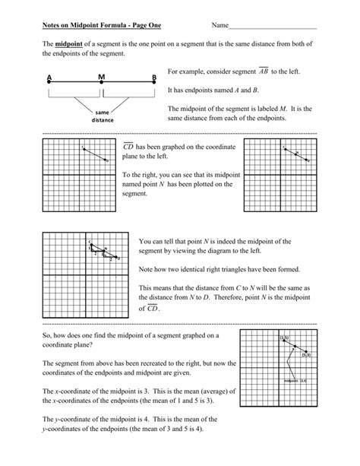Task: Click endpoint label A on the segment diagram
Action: [x=49, y=78]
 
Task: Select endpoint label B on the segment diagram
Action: [x=153, y=78]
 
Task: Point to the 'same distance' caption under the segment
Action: [x=102, y=116]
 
